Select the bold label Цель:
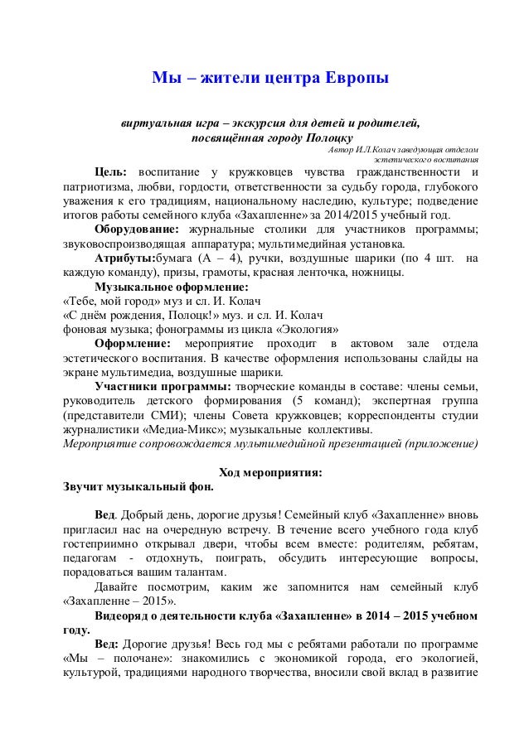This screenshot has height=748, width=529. point(113,172)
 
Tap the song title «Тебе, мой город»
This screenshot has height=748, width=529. point(108,302)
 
